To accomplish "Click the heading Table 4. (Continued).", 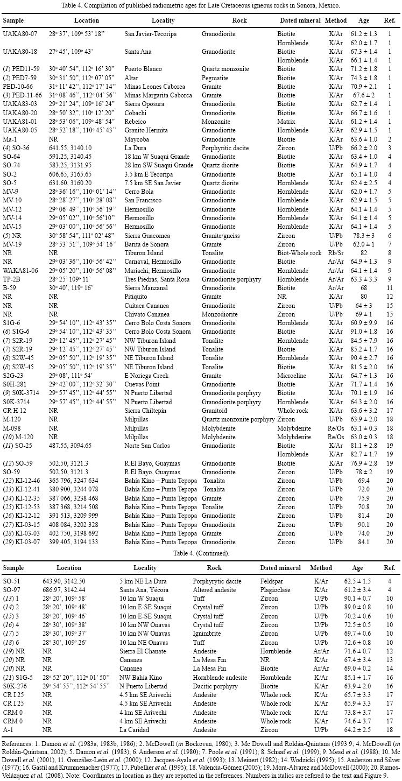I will coord(201,553).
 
